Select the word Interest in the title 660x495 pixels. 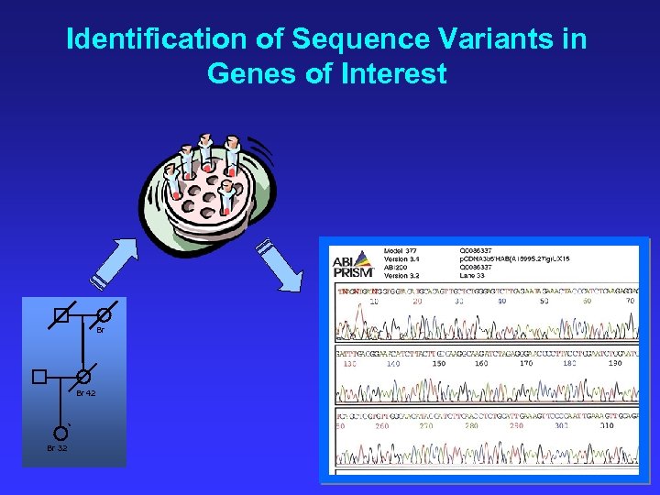click(x=392, y=73)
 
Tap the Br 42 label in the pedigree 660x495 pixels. click(x=85, y=392)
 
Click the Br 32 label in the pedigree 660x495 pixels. click(x=57, y=447)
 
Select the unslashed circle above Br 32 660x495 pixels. click(x=60, y=432)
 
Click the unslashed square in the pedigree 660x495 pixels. click(x=38, y=377)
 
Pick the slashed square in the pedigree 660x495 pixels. click(x=60, y=315)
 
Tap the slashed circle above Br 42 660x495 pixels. click(x=83, y=377)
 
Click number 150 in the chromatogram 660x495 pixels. click(x=439, y=363)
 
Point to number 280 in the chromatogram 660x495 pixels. click(x=471, y=425)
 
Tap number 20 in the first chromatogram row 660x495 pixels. click(x=417, y=301)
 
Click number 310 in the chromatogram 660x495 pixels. click(x=606, y=425)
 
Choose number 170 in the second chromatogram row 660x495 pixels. click(x=525, y=363)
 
